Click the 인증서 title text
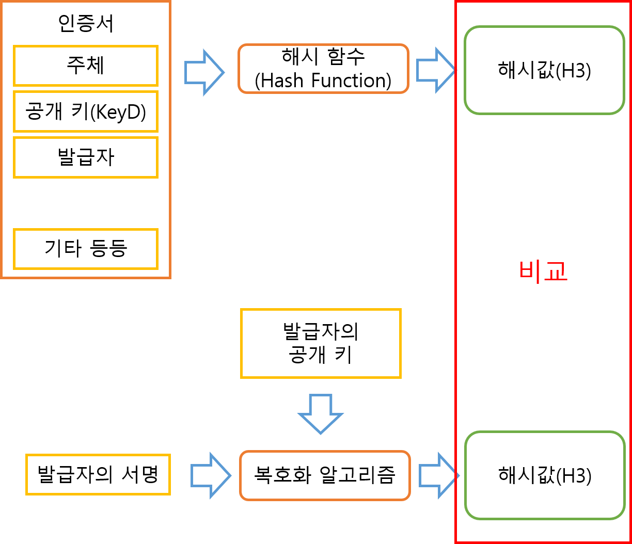(x=86, y=24)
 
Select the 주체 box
(x=86, y=66)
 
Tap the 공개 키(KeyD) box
(x=86, y=111)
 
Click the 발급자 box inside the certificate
(x=86, y=157)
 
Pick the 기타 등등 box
(x=86, y=249)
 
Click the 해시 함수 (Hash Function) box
(x=323, y=69)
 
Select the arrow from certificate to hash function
(x=204, y=72)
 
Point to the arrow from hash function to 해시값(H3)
(x=436, y=70)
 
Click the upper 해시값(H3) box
(x=544, y=70)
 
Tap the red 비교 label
(x=543, y=271)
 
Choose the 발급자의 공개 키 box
(x=321, y=343)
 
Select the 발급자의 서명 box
(x=98, y=474)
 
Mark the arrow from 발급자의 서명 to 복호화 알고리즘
(x=211, y=475)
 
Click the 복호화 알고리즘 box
(x=325, y=475)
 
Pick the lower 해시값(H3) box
(x=544, y=475)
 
